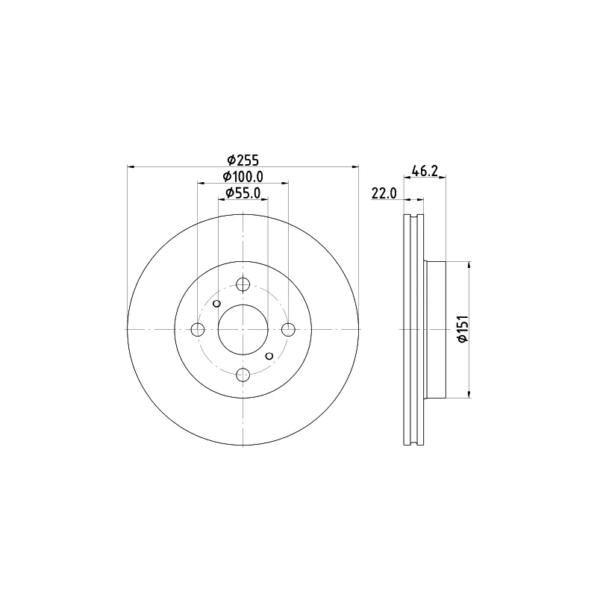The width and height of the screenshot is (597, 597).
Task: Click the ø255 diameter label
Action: click(x=243, y=160)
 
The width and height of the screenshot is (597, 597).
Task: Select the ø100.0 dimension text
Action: click(x=243, y=177)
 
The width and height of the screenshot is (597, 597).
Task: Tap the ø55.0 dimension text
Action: click(x=243, y=193)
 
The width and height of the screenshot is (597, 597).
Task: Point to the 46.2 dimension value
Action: click(x=425, y=171)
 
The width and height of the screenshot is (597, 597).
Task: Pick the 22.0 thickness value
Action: click(x=384, y=193)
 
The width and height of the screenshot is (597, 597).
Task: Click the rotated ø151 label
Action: click(x=463, y=329)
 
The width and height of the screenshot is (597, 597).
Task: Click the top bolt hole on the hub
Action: click(x=243, y=284)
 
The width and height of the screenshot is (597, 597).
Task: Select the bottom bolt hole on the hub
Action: click(x=243, y=375)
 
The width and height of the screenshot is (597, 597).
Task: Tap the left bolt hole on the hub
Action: click(x=198, y=329)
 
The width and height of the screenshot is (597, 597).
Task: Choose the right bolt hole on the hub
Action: click(x=288, y=329)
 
